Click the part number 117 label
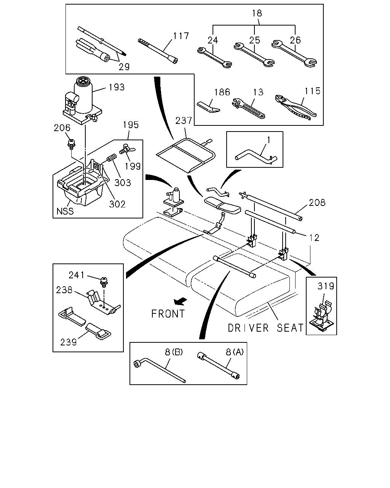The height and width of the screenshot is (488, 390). [181, 36]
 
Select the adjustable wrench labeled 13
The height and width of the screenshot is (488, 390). [248, 108]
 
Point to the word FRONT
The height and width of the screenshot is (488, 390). [168, 314]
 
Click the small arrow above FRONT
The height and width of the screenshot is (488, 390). [181, 302]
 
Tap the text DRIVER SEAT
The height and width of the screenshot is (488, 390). [265, 328]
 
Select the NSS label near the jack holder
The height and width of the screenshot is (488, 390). [65, 211]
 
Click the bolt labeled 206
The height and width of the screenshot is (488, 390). [72, 144]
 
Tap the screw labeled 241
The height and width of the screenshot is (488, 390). [104, 282]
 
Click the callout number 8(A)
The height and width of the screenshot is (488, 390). [235, 352]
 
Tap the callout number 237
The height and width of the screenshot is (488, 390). [184, 120]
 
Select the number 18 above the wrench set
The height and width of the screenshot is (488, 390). [257, 13]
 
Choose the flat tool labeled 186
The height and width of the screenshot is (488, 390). [208, 107]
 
